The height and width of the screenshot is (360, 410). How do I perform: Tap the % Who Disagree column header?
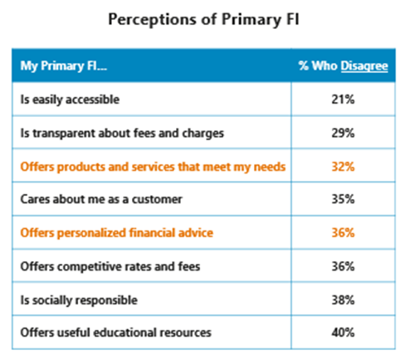(x=343, y=66)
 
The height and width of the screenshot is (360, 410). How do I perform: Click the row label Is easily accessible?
(x=71, y=100)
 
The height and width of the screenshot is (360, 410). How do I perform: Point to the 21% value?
(x=343, y=100)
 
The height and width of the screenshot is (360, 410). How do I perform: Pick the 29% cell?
(x=343, y=134)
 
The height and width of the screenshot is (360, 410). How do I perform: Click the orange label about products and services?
(x=153, y=167)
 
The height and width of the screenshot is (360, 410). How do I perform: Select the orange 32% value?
(x=343, y=167)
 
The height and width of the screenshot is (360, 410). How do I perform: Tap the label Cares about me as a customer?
(x=101, y=200)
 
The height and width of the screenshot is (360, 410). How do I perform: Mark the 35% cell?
(x=343, y=200)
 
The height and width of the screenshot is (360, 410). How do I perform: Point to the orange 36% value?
(x=343, y=233)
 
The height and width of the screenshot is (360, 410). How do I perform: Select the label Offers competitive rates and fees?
(x=109, y=266)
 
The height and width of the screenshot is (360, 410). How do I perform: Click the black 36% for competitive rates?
(x=343, y=266)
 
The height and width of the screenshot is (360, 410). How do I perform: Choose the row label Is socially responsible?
(x=79, y=299)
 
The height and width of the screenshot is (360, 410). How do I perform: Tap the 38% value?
(x=343, y=299)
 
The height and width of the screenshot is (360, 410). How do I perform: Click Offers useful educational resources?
(x=115, y=333)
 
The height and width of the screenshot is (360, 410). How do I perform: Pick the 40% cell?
(x=343, y=333)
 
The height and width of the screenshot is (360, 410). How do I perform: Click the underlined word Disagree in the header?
(x=364, y=66)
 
